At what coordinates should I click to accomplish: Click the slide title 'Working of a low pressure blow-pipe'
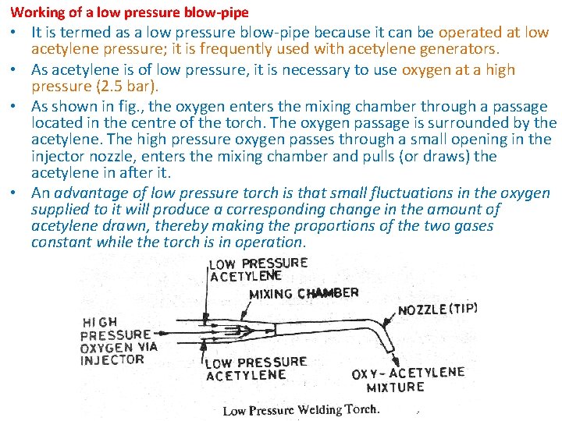pos(130,12)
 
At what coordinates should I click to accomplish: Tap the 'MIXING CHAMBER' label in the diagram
pos(304,294)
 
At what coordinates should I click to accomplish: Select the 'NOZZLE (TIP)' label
pos(437,309)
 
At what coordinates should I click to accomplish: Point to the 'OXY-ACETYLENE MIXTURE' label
pos(407,380)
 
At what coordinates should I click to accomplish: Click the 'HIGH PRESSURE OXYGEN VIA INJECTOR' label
pos(115,340)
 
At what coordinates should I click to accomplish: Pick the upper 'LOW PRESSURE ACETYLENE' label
pos(258,269)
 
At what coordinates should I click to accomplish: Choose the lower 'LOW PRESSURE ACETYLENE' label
pos(256,369)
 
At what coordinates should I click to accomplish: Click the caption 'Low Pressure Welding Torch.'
pos(301,410)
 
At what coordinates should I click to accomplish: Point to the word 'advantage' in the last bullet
pos(93,193)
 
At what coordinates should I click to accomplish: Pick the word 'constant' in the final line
pos(61,242)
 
